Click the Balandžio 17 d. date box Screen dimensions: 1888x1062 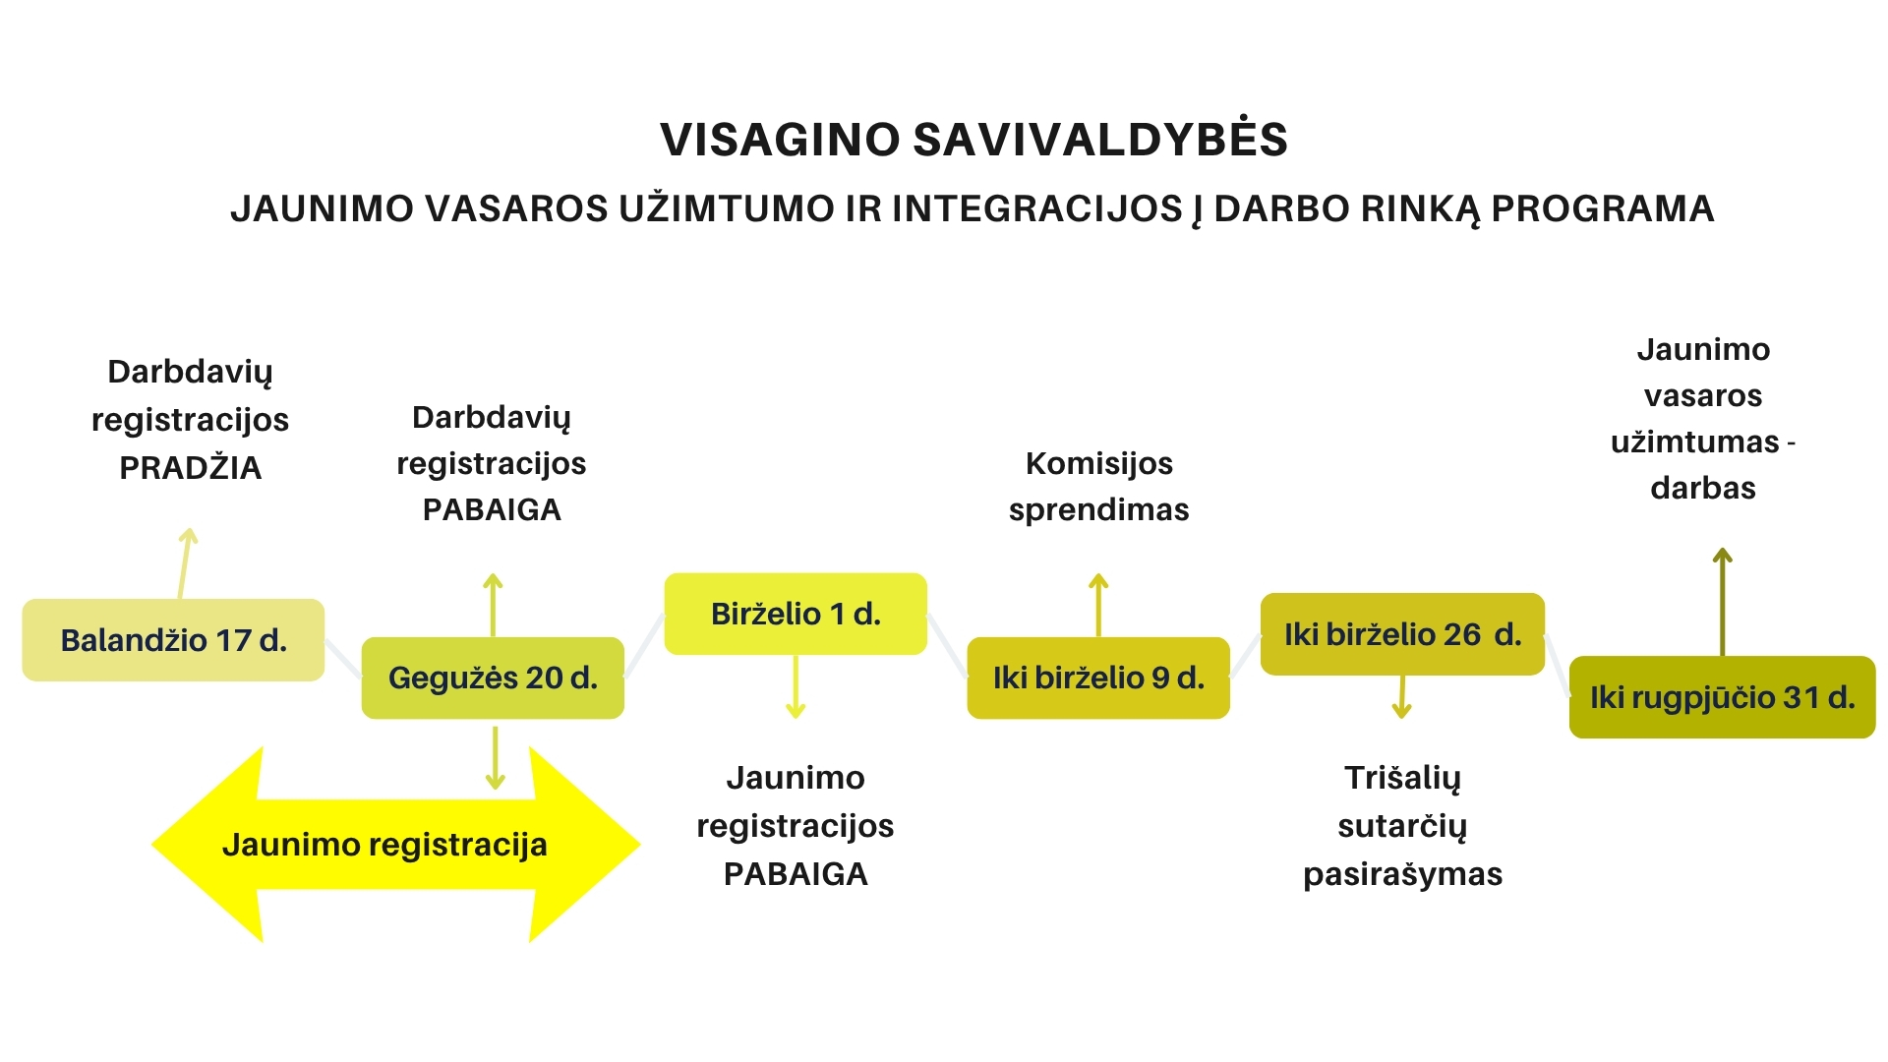coord(173,640)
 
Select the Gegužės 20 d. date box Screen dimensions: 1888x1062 coord(493,678)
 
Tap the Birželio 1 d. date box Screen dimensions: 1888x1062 coord(796,614)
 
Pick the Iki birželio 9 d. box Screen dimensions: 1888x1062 coord(1098,678)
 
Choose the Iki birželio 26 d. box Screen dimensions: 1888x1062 coord(1402,634)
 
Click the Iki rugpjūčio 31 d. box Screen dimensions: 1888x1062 coord(1723,697)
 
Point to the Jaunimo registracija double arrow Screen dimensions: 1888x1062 coord(395,845)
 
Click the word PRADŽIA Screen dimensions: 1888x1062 coord(191,468)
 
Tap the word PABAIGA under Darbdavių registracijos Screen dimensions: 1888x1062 coord(492,509)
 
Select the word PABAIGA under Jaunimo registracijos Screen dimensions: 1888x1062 coord(796,874)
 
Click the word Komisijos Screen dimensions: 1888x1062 coord(1099,464)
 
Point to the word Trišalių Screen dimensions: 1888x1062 coord(1403,779)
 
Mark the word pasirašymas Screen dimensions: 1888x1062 coord(1403,875)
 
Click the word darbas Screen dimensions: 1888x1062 coord(1703,488)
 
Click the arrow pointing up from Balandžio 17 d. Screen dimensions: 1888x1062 coord(186,563)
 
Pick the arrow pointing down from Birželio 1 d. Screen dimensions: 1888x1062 coord(796,686)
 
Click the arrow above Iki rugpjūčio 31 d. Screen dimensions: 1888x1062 coord(1722,602)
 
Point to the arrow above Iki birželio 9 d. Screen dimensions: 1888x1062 coord(1098,606)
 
